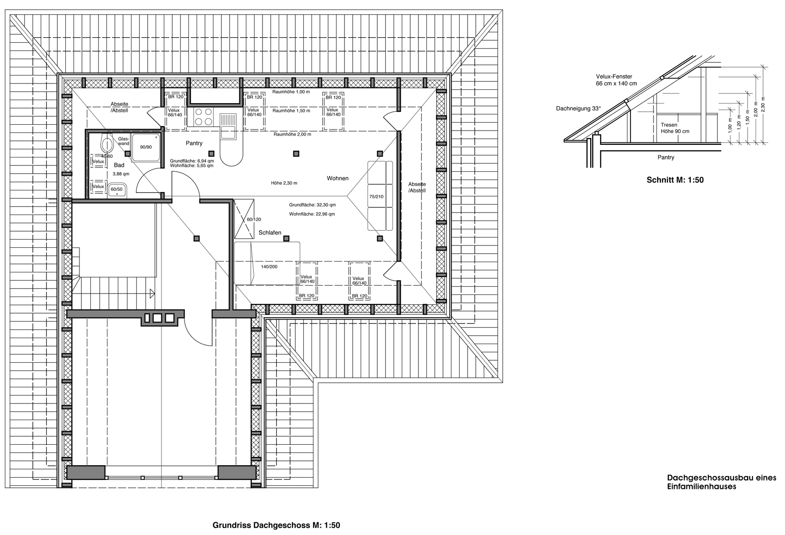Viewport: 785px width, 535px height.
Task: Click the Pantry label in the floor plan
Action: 194,143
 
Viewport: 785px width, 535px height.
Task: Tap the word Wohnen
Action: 338,178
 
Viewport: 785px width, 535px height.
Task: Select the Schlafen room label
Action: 270,233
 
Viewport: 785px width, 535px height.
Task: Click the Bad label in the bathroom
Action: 119,165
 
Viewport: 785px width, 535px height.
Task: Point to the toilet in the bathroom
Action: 106,143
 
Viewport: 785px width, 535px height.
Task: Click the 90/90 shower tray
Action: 146,147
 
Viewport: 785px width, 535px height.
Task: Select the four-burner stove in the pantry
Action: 204,117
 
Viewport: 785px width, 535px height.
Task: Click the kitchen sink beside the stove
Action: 228,126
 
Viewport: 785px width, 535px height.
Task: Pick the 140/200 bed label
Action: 269,267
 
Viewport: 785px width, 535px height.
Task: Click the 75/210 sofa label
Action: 376,197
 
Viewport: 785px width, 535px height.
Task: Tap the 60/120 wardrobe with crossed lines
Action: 244,219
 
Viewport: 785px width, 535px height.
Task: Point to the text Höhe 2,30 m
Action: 284,183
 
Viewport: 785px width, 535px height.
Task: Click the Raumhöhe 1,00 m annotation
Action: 291,92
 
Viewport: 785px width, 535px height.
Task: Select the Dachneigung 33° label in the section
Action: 578,108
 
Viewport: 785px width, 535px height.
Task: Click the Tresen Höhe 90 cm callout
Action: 675,128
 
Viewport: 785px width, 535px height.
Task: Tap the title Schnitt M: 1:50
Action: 675,180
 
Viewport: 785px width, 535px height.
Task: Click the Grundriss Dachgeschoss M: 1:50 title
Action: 276,525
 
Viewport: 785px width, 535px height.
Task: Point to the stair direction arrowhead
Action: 152,294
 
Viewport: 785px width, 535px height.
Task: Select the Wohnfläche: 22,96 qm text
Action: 312,214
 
